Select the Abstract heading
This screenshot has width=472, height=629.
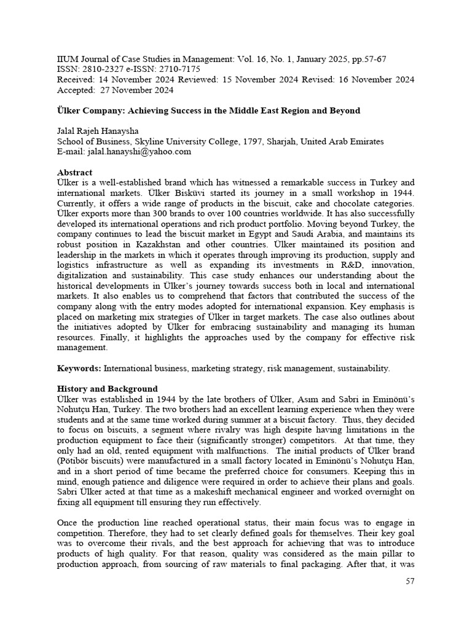point(74,173)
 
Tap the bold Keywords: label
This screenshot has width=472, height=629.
point(79,368)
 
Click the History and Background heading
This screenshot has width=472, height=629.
point(107,389)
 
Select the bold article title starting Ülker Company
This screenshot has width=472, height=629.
point(208,111)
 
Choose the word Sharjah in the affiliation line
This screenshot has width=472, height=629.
point(295,141)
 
